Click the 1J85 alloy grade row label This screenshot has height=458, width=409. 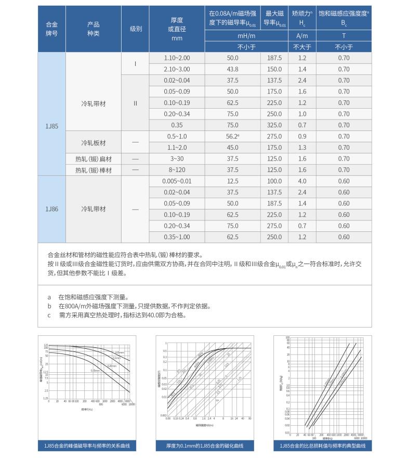click(x=51, y=125)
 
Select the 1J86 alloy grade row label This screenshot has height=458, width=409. click(x=51, y=209)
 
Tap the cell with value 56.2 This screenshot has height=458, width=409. click(x=232, y=136)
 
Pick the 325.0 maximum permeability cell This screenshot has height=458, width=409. click(x=274, y=125)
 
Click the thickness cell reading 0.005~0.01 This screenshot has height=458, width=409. click(x=177, y=181)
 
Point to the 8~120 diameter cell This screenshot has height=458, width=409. click(x=177, y=170)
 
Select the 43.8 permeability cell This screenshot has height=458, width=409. click(x=232, y=69)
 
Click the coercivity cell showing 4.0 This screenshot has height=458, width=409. click(x=302, y=181)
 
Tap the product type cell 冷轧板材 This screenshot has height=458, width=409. click(x=94, y=142)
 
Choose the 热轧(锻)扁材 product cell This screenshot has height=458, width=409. click(x=94, y=159)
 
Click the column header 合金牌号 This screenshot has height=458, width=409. click(x=51, y=29)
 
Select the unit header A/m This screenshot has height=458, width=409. click(x=302, y=36)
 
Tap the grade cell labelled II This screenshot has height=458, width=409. click(x=136, y=103)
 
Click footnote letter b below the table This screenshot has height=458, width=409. click(x=49, y=306)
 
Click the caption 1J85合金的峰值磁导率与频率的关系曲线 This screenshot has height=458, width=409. click(x=87, y=446)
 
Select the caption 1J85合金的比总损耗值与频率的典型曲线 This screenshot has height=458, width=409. click(x=322, y=446)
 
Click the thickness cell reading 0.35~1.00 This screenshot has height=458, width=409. click(x=177, y=237)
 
